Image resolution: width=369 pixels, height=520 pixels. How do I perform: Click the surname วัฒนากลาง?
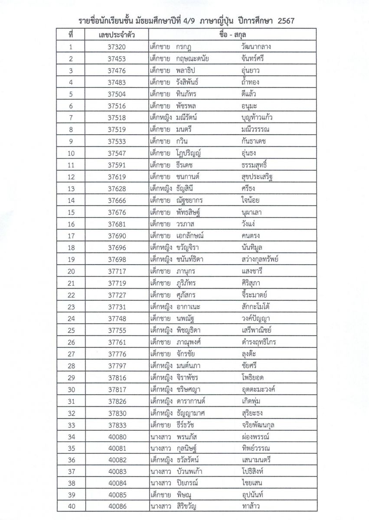click(259, 47)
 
